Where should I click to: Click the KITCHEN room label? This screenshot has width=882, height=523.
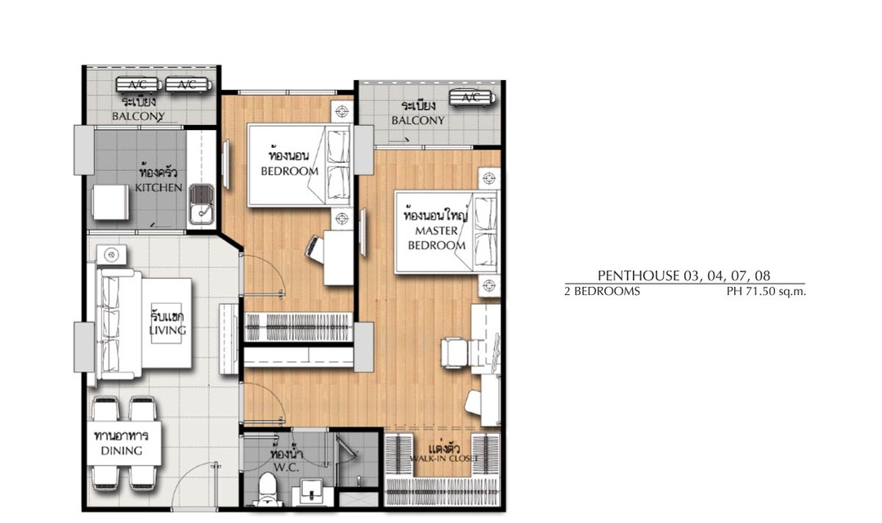point(158,187)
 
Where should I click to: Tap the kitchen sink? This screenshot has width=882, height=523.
point(201,203)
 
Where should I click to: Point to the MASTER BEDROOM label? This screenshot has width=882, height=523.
point(436,238)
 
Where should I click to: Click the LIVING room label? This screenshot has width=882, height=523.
point(167,330)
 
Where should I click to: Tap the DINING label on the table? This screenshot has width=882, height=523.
point(122,450)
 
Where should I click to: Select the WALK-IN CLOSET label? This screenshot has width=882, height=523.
point(443,458)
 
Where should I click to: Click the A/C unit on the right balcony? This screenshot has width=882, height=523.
point(473,98)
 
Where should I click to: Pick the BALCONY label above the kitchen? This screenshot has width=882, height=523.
point(138,117)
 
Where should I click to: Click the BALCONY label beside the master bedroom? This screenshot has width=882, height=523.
point(418,120)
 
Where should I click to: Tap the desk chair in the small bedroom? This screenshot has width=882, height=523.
point(314,248)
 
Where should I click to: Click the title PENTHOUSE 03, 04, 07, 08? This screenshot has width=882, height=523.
point(684,276)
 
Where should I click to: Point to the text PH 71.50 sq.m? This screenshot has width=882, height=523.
point(766,292)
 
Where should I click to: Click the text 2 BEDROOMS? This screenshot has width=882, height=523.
point(603,292)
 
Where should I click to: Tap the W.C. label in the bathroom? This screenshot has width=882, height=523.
point(287,467)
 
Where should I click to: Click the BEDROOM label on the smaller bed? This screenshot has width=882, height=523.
point(289,171)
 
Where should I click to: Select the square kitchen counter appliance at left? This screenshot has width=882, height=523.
point(111,203)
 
